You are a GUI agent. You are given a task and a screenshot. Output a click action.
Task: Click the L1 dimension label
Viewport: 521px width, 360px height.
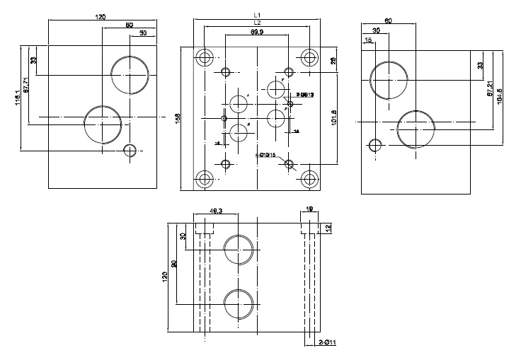[x=258, y=15]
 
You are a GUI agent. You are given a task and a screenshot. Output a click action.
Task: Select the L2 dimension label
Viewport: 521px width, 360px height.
[x=258, y=23]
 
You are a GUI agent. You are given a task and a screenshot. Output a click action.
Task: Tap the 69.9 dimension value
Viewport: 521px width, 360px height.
[x=257, y=32]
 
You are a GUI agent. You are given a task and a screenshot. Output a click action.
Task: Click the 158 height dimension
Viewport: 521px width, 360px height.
[x=177, y=118]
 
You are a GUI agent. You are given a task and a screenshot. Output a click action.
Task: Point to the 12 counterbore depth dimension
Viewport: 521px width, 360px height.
[x=328, y=228]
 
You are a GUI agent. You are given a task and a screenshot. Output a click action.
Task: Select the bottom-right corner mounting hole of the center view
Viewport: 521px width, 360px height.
[x=308, y=178]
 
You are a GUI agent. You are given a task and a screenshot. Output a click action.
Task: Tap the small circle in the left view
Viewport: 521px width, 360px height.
[x=130, y=150]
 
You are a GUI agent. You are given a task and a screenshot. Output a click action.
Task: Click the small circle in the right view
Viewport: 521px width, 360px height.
[x=375, y=146]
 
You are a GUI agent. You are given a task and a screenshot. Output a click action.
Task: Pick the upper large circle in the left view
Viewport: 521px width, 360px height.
[x=130, y=73]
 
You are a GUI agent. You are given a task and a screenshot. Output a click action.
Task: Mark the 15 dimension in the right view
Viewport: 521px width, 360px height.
[x=367, y=41]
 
